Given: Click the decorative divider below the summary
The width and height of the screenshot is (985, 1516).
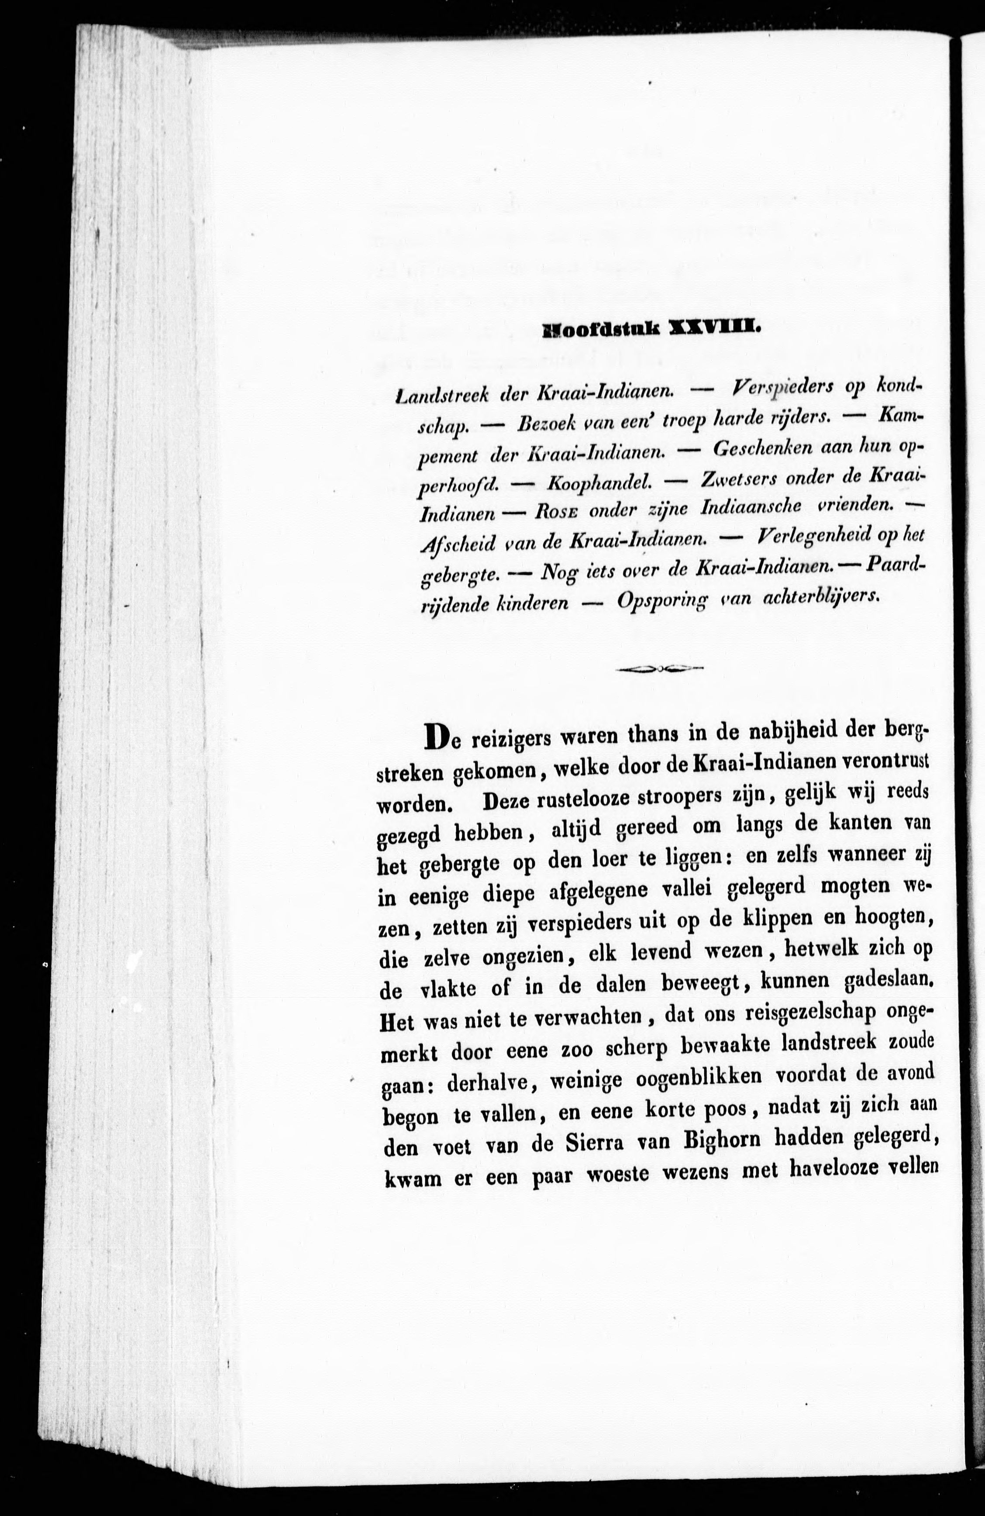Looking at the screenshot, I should pos(658,668).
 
